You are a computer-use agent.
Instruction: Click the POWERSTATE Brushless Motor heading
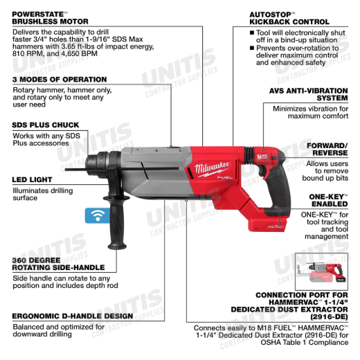pos(50,18)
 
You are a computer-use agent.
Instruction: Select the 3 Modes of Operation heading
pos(60,80)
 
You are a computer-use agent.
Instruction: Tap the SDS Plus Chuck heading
pos(46,125)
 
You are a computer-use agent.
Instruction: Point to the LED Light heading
pos(32,179)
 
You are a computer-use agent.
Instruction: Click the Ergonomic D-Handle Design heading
pos(73,316)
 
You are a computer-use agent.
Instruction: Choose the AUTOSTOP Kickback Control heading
pos(289,18)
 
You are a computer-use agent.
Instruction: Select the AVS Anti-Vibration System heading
pos(309,94)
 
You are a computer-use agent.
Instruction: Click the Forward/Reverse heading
pos(327,150)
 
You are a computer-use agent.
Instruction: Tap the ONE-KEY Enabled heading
pos(328,200)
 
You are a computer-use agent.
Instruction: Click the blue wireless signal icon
pos(98,215)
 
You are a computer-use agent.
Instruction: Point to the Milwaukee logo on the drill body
pos(212,168)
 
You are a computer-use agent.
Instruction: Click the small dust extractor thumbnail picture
pos(321,271)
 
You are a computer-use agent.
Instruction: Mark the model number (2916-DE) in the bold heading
pos(329,316)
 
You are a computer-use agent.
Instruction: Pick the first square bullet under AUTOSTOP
pos(252,33)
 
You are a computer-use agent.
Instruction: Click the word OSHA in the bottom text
pos(269,342)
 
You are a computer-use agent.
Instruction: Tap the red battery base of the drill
pos(269,224)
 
